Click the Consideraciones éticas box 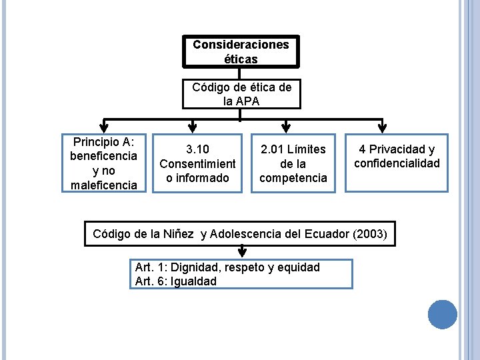pyautogui.click(x=241, y=51)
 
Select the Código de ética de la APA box pyautogui.click(x=241, y=94)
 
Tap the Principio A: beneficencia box pyautogui.click(x=103, y=163)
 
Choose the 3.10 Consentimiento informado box pyautogui.click(x=197, y=163)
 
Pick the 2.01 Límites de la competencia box pyautogui.click(x=293, y=163)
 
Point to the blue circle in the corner pyautogui.click(x=442, y=314)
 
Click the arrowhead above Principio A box pyautogui.click(x=103, y=127)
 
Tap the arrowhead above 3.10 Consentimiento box pyautogui.click(x=193, y=127)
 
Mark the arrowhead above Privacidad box pyautogui.click(x=382, y=127)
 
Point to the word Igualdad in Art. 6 pyautogui.click(x=193, y=281)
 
